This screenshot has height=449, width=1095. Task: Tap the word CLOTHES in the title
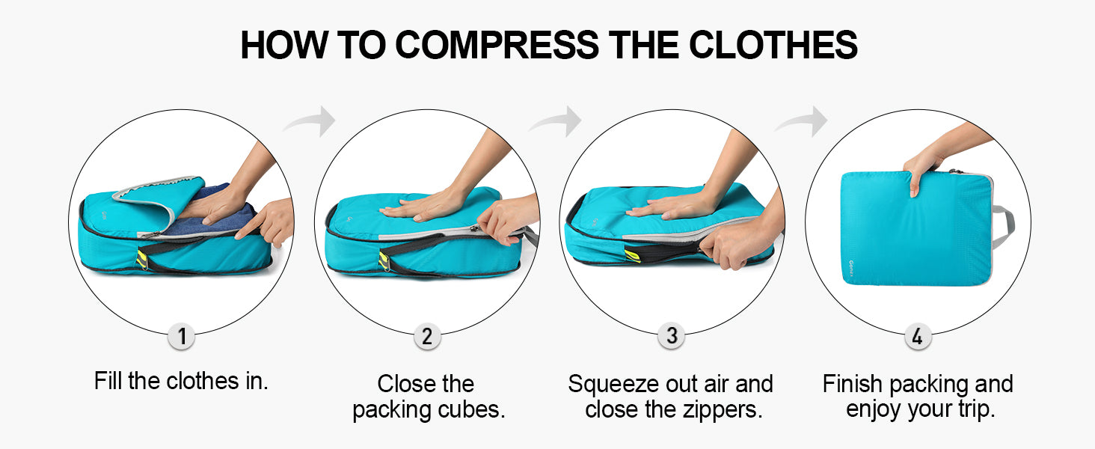click(x=773, y=44)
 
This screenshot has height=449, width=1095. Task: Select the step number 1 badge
click(x=181, y=337)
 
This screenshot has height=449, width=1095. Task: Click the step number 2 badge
click(x=427, y=337)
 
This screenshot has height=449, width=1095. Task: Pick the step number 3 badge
click(x=672, y=336)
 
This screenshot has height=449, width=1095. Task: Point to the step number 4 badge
click(x=918, y=337)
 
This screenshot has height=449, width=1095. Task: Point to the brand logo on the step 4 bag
click(x=851, y=268)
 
